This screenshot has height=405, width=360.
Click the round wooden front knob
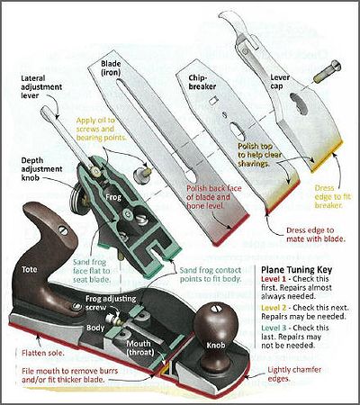[215, 325]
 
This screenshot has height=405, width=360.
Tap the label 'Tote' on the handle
[29, 270]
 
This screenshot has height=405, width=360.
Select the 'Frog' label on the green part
[113, 197]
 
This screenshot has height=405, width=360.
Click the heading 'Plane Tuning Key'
[296, 269]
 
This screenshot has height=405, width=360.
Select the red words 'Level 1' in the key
[273, 279]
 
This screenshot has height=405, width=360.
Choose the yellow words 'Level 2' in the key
[274, 308]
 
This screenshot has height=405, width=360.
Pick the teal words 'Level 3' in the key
[274, 328]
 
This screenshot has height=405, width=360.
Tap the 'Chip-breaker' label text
[202, 82]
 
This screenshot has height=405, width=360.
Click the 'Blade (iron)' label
[111, 67]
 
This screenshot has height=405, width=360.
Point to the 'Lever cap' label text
[280, 82]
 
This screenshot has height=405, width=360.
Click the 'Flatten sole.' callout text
[43, 353]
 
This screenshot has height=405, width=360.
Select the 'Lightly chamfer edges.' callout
[294, 373]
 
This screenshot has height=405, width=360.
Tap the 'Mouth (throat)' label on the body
[140, 347]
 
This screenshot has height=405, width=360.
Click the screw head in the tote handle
[63, 230]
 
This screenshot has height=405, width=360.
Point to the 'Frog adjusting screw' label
[111, 303]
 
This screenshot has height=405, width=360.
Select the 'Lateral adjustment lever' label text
[41, 87]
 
